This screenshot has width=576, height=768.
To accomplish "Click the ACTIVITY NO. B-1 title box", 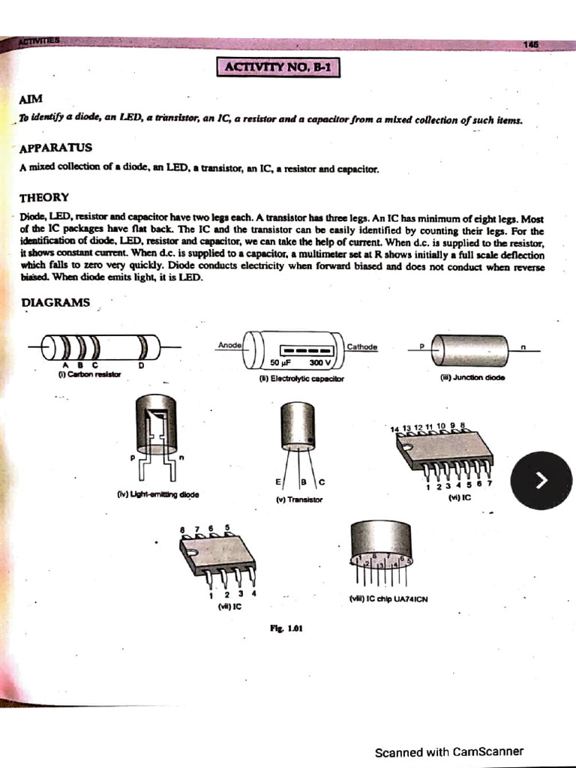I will point(278,68).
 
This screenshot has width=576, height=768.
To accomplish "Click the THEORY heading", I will point(44,197).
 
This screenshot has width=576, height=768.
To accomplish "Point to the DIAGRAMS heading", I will point(55,302).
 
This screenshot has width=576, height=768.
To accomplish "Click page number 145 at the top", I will point(531,44).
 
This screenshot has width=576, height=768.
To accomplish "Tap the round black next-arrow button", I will point(540,481).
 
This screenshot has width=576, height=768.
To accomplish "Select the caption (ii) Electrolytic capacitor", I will point(301,379).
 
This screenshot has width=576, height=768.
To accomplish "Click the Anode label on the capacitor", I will point(229,344).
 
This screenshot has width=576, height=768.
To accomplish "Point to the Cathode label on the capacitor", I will point(362,346).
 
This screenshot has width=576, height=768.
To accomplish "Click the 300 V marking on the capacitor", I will point(319,362).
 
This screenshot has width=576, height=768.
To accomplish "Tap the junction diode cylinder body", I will point(470,350).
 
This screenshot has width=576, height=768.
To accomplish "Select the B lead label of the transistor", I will point(303,481).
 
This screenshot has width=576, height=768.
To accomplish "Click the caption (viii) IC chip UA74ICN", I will point(388,598).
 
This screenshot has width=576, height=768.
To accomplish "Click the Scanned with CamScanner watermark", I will point(448,751).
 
